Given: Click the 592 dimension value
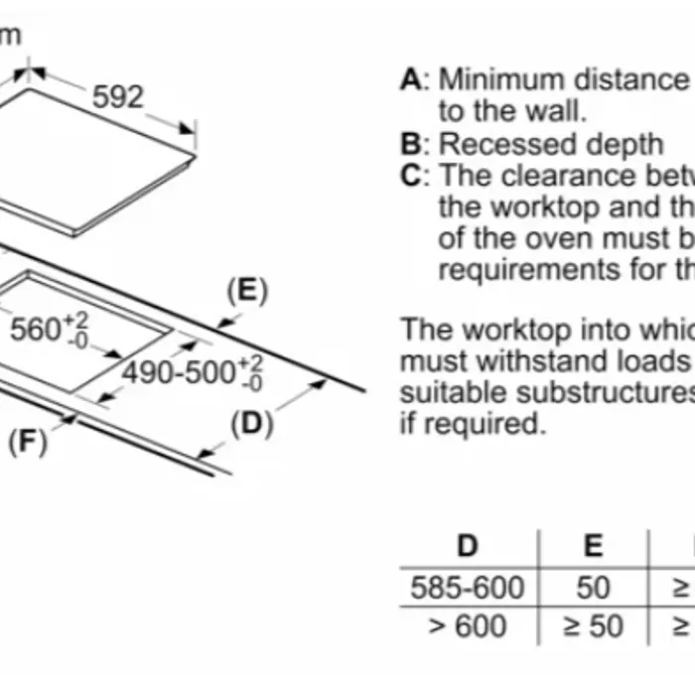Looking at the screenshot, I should tap(118, 97).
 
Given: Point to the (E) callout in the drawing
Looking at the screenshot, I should tap(247, 290).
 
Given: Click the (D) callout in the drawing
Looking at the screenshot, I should tap(251, 423).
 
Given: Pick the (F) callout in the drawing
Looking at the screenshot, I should tap(28, 442).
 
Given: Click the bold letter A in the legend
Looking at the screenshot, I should tap(410, 79).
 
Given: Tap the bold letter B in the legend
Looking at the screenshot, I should tap(410, 144).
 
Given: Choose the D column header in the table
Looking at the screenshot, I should tap(467, 545).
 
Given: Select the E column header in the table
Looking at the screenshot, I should tap(593, 545).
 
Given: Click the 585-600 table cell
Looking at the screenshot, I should tap(467, 587).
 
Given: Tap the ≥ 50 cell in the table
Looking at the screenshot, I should tap(593, 626).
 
